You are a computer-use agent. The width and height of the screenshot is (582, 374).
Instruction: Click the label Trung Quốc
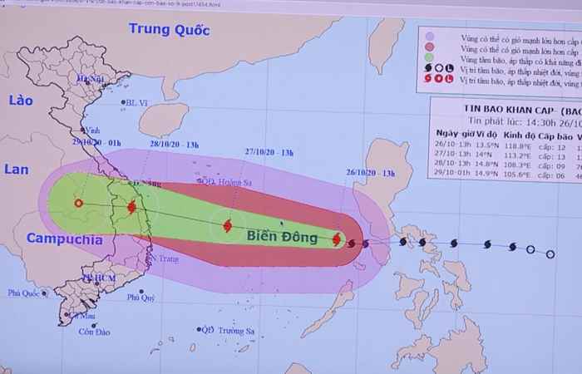pyautogui.click(x=167, y=31)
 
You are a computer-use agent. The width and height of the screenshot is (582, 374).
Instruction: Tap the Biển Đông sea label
pyautogui.click(x=282, y=238)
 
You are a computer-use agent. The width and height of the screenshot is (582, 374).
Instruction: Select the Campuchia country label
pyautogui.click(x=65, y=239)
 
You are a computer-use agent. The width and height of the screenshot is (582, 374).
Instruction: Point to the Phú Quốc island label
pyautogui.click(x=25, y=293)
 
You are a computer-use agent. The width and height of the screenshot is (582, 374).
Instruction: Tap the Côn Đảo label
pyautogui.click(x=96, y=332)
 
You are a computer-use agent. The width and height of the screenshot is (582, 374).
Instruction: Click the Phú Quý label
pyautogui.click(x=141, y=297)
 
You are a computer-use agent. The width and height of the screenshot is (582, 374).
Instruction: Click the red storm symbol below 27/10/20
pyautogui.click(x=227, y=224)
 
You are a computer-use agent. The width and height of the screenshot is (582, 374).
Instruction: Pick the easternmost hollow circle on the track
pyautogui.click(x=550, y=253)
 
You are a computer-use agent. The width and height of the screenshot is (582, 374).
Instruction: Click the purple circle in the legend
pyautogui.click(x=429, y=37)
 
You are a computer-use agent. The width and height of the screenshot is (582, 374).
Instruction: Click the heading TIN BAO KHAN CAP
pyautogui.click(x=491, y=107)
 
